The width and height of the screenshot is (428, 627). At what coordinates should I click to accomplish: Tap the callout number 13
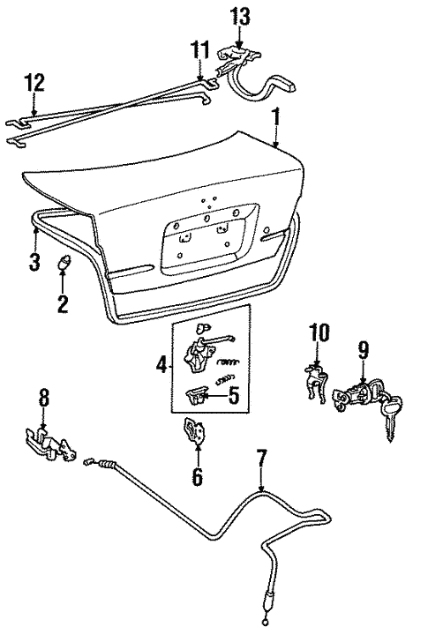[x=239, y=15]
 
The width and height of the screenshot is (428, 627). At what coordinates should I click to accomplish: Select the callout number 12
[x=34, y=84]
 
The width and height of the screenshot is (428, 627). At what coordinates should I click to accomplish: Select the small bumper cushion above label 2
[x=64, y=262]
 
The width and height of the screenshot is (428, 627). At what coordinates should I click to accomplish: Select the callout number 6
[x=197, y=477]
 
